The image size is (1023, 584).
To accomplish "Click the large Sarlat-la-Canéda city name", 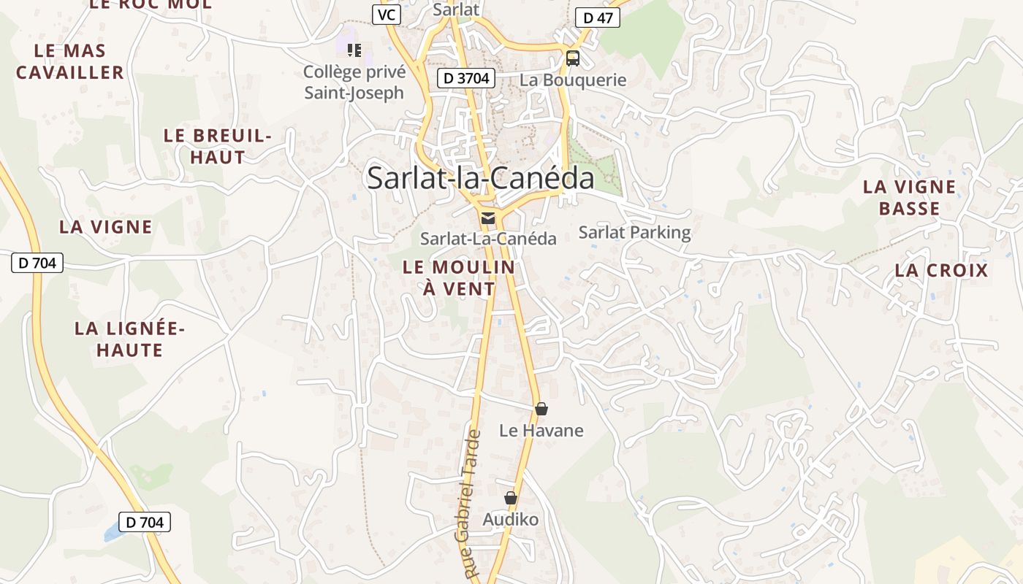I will pyautogui.click(x=480, y=178).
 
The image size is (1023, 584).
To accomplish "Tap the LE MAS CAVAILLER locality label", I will pyautogui.click(x=70, y=62).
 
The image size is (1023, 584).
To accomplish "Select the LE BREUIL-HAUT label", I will pyautogui.click(x=218, y=146).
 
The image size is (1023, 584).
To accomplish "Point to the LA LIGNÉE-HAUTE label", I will pyautogui.click(x=129, y=339).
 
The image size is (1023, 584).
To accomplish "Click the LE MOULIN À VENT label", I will pyautogui.click(x=459, y=277).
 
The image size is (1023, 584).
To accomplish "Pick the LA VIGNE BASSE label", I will pyautogui.click(x=909, y=198).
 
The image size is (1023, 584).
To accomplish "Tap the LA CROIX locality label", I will pyautogui.click(x=941, y=271).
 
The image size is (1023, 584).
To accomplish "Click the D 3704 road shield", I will pyautogui.click(x=466, y=79).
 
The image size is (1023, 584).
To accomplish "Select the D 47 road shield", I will pyautogui.click(x=597, y=18).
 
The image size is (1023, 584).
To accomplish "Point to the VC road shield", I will pyautogui.click(x=386, y=15).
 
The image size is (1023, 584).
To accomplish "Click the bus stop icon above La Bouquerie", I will pyautogui.click(x=573, y=58).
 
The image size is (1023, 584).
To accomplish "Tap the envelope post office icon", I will pyautogui.click(x=487, y=218).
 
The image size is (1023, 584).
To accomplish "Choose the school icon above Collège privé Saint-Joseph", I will pyautogui.click(x=354, y=50).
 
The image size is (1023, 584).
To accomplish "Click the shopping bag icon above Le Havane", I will pyautogui.click(x=541, y=409).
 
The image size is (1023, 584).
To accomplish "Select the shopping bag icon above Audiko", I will pyautogui.click(x=511, y=498).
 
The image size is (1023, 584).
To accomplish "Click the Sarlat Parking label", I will pyautogui.click(x=634, y=233).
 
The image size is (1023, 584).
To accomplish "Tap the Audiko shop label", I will pyautogui.click(x=510, y=520).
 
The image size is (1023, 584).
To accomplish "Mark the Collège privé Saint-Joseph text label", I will pyautogui.click(x=354, y=82).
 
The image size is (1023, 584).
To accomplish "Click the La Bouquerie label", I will pyautogui.click(x=573, y=80).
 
